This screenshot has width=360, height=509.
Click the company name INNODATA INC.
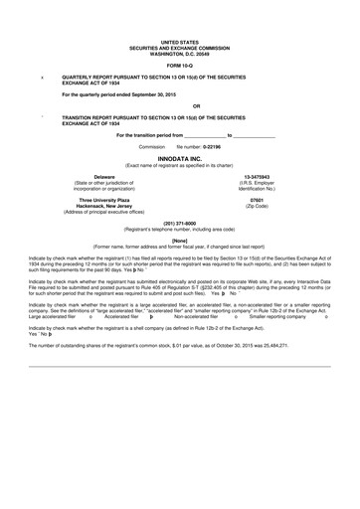click(x=180, y=158)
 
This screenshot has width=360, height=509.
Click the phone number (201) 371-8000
click(x=180, y=224)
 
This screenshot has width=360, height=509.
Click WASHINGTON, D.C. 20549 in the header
click(x=180, y=54)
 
